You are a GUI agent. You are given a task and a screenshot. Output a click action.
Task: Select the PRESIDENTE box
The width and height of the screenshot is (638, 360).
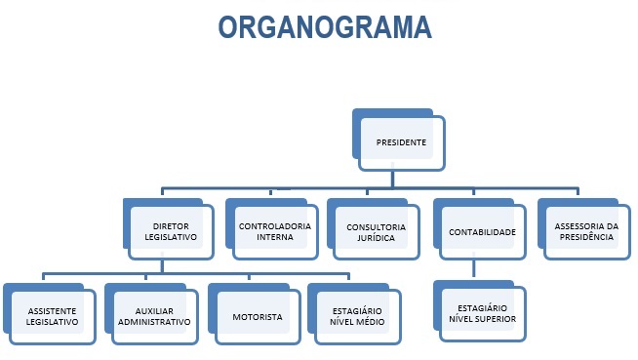401,142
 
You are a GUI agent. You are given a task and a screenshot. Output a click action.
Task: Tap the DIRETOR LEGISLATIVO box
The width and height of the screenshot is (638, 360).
171,232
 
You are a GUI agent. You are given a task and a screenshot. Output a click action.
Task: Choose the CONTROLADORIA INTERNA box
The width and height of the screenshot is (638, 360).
274,231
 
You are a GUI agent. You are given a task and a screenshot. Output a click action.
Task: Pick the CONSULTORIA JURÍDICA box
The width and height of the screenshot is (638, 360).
376,232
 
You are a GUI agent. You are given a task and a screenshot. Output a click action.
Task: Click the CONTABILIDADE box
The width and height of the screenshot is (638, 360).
482,232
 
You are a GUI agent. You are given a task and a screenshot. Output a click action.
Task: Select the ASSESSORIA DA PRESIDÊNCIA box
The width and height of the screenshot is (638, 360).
585,231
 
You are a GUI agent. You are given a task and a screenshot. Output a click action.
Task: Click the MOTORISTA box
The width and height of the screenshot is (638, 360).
258,317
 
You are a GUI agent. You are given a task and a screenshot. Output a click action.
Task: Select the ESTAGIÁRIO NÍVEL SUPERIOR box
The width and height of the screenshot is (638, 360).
482,313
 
